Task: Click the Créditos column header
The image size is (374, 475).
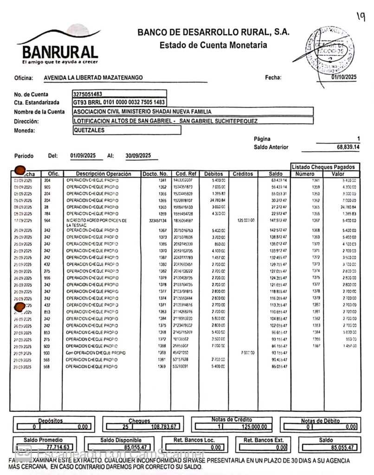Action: (x=243, y=174)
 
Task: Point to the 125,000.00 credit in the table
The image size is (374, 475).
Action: (x=245, y=220)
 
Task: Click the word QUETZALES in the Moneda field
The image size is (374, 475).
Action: (x=89, y=130)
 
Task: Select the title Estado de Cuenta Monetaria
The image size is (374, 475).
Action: (x=213, y=45)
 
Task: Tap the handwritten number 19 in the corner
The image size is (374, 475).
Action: (x=361, y=17)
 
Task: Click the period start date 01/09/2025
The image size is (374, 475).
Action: (x=83, y=155)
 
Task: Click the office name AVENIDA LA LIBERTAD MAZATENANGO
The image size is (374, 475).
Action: (x=93, y=78)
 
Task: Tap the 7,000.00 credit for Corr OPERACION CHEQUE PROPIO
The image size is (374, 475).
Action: (x=247, y=353)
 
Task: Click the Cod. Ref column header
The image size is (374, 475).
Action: (x=185, y=174)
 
